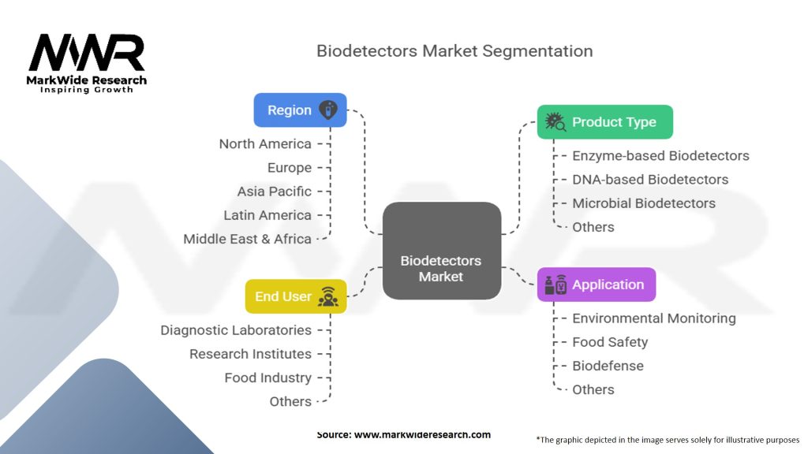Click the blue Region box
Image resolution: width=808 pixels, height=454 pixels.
click(x=300, y=110)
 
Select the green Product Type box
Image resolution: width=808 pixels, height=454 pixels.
click(x=605, y=122)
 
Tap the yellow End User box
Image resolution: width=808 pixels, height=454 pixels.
click(x=296, y=296)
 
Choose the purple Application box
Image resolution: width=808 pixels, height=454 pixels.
click(x=597, y=285)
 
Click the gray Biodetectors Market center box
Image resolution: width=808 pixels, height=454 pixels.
click(x=442, y=251)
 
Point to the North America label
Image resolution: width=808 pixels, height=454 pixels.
click(x=265, y=144)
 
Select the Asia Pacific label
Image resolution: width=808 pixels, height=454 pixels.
click(x=274, y=192)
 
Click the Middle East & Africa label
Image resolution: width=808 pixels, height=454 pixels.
click(x=247, y=239)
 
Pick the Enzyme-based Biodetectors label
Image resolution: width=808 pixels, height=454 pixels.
click(x=660, y=156)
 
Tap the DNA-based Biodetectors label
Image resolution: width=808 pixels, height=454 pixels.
click(x=650, y=180)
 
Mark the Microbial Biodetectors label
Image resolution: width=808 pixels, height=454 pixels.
click(x=644, y=203)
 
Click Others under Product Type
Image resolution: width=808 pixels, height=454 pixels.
click(x=593, y=227)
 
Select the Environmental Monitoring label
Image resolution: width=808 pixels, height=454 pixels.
click(x=654, y=318)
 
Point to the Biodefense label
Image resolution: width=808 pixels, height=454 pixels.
click(x=608, y=366)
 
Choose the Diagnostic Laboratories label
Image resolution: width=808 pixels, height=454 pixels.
click(x=236, y=330)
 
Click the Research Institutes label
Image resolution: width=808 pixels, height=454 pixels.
click(x=250, y=354)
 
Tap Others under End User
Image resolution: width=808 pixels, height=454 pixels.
click(x=290, y=401)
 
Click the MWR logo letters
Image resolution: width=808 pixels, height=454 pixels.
click(x=87, y=53)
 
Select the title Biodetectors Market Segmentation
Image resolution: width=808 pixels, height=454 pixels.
click(x=454, y=51)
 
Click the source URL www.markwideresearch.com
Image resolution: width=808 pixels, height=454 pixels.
click(x=423, y=434)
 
